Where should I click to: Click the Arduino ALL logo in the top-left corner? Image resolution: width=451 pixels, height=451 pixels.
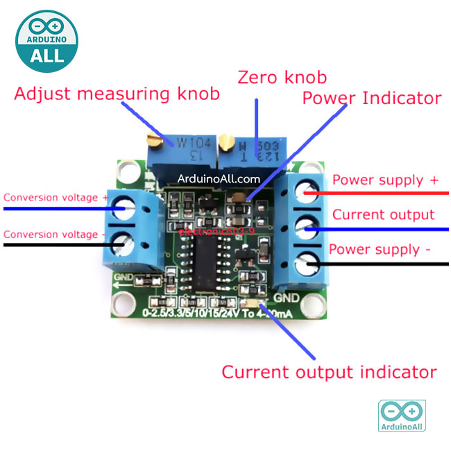[46, 41]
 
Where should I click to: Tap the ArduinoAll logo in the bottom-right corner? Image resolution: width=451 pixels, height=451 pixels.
[401, 416]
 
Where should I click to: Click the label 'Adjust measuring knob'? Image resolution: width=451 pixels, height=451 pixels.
[117, 94]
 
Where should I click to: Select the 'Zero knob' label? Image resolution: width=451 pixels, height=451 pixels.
[282, 76]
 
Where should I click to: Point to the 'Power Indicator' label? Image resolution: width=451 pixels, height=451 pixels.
[371, 98]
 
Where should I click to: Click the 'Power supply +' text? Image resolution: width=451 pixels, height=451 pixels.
[385, 180]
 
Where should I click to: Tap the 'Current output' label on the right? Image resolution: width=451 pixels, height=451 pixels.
[383, 214]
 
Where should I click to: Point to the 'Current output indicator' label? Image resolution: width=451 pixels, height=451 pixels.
[329, 372]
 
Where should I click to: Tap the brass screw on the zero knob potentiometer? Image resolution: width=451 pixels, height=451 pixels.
[226, 144]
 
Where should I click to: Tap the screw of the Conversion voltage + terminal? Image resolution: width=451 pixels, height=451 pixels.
[125, 206]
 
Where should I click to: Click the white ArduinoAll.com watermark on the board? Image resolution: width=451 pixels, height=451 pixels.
[219, 178]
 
